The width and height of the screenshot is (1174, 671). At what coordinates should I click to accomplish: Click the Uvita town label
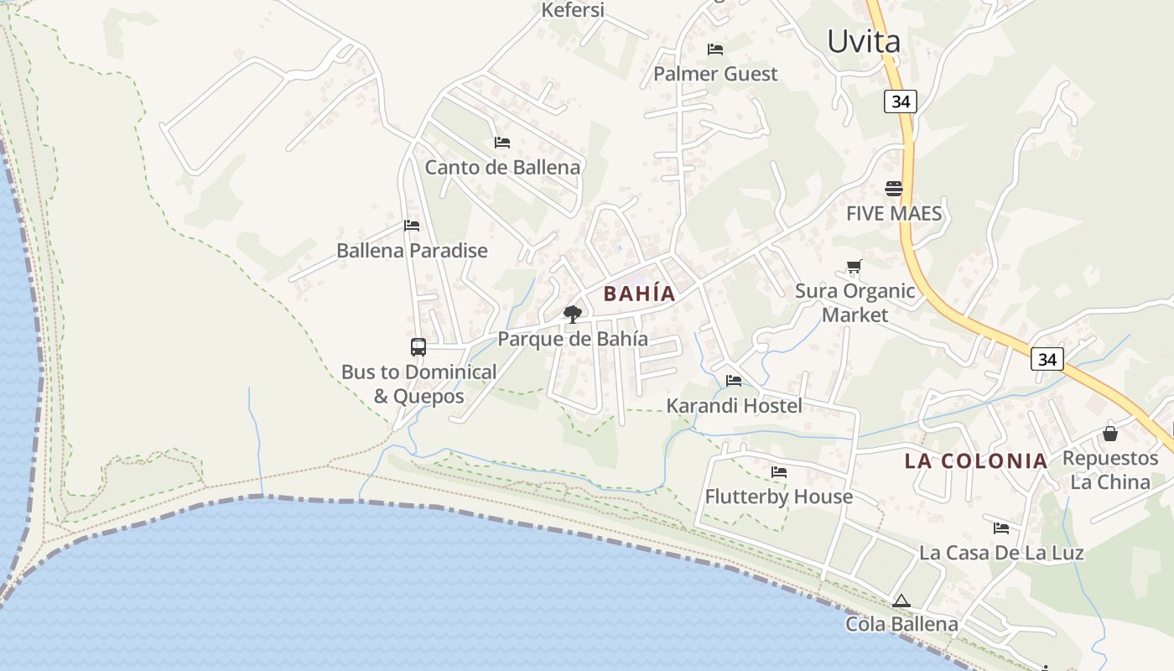(864, 41)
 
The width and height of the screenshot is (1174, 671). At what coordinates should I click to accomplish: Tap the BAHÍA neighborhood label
(639, 294)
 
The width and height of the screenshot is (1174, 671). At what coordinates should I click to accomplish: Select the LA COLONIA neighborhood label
(976, 460)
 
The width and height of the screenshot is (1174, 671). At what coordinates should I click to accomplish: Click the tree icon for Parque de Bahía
(573, 315)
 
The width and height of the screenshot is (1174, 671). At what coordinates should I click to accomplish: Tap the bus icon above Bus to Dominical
(418, 346)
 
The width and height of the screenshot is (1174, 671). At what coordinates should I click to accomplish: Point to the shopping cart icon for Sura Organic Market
(854, 267)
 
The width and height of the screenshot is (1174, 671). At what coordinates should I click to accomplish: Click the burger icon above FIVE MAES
(893, 189)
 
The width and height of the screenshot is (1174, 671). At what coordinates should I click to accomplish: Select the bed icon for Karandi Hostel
(734, 381)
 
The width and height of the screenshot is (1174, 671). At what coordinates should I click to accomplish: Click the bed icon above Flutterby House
(779, 472)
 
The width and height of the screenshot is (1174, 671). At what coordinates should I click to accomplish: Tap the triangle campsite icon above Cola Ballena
(901, 601)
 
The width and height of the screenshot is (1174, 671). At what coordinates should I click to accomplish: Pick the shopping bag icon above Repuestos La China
(1110, 434)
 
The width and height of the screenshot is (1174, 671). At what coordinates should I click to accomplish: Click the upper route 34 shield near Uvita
(901, 101)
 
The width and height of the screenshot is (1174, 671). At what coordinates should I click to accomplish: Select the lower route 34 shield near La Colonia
(1047, 359)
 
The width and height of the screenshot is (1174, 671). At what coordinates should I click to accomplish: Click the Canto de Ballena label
(502, 167)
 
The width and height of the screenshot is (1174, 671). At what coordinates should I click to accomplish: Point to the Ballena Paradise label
(412, 250)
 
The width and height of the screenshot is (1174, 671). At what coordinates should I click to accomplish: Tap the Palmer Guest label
(715, 74)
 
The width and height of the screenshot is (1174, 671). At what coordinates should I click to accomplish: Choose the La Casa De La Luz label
(1001, 553)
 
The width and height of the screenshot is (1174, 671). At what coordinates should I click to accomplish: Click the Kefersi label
(573, 10)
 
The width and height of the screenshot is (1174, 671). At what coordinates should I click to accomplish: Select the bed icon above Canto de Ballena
(502, 143)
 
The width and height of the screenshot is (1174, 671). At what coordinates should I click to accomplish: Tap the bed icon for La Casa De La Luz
(1001, 528)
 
